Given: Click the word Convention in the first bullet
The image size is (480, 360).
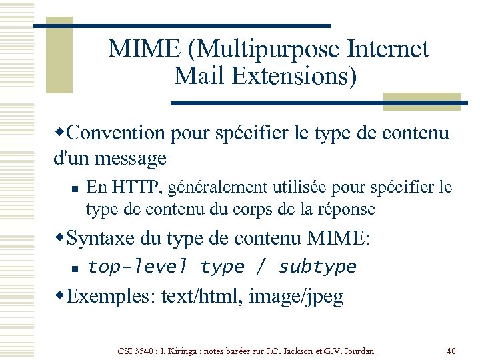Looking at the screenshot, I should coord(117,133).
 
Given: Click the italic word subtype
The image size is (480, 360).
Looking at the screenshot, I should coord(317,267).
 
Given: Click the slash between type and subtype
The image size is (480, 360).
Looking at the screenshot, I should coord(261,267).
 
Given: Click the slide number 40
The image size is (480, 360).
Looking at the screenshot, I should coord(450,351).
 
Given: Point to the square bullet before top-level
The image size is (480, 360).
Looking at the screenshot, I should coord(75,269).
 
